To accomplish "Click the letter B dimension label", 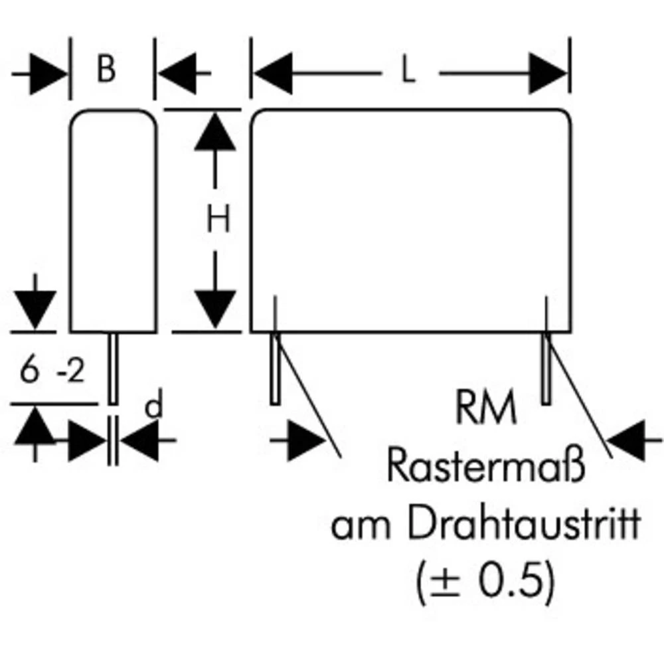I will [106, 70].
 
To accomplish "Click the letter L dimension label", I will [409, 72].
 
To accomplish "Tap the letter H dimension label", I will [217, 219].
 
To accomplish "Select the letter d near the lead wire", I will [154, 406].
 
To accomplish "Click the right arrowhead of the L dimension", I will [549, 73].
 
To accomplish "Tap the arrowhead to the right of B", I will [176, 73].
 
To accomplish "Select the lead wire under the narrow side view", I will [114, 369].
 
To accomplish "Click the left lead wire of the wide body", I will [274, 369].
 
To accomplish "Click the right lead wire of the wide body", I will [546, 369].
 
